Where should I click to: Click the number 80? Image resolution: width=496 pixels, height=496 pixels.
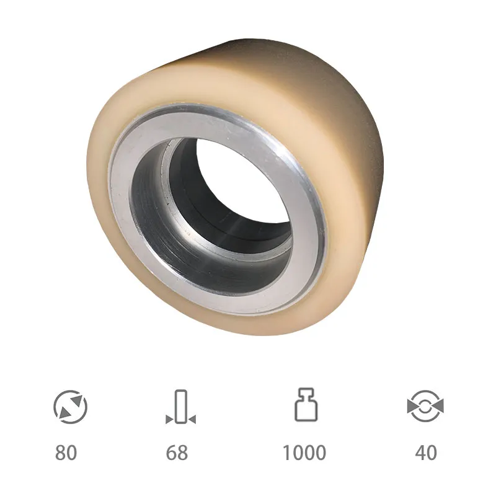(x=66, y=453)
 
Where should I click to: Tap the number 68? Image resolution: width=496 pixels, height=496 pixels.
(x=177, y=453)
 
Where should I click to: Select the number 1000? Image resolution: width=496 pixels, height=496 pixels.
(x=304, y=453)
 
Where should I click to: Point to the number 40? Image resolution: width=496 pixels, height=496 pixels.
(x=426, y=453)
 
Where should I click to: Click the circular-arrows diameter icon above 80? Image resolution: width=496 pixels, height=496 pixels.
(x=70, y=407)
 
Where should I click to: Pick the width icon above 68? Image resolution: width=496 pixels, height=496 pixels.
(x=180, y=407)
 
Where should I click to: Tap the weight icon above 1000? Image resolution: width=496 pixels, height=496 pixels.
(x=306, y=405)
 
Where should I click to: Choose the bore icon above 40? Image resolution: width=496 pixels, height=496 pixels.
(x=425, y=406)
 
